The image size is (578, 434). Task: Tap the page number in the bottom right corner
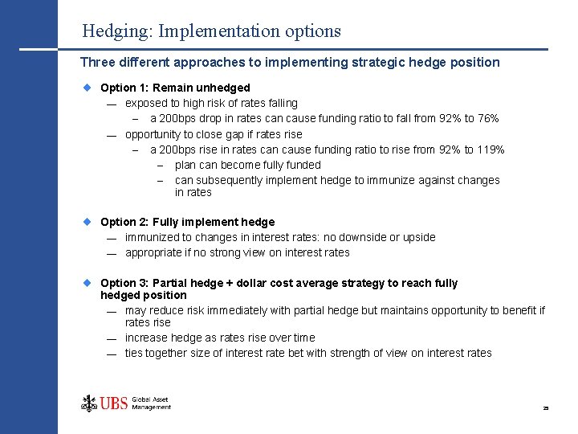[x=545, y=408]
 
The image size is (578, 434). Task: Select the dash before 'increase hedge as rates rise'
[x=112, y=338]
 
